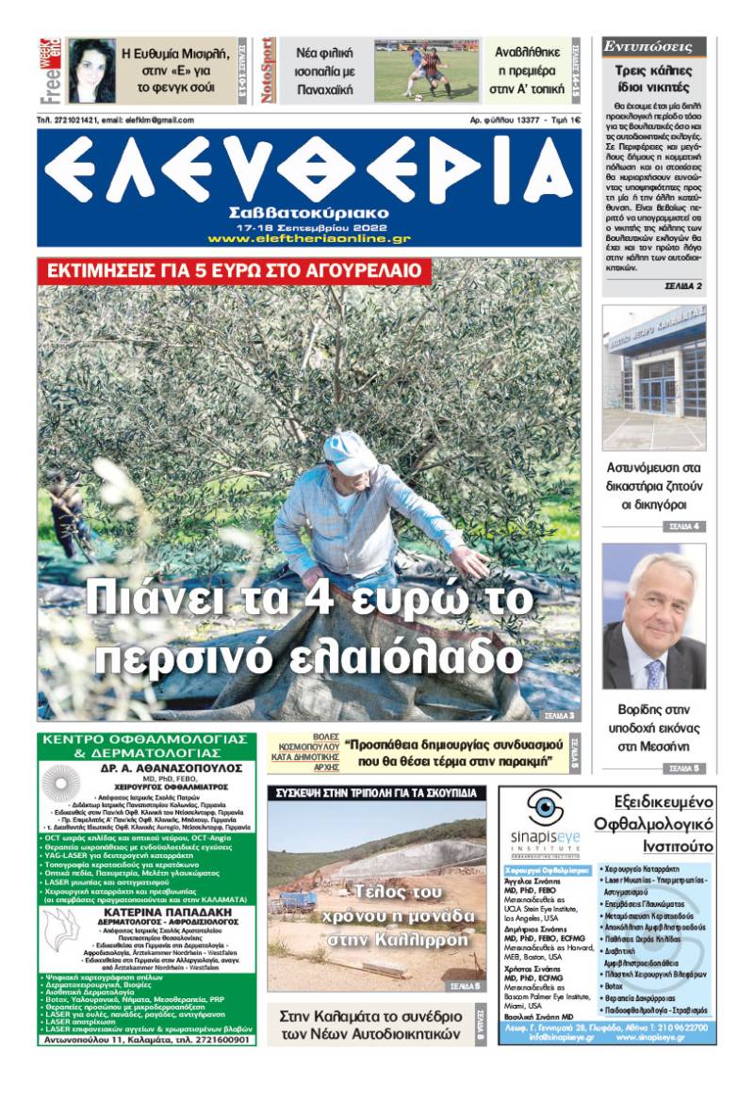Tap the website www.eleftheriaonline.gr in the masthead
309,239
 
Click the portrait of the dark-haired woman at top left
91,71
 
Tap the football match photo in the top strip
427,70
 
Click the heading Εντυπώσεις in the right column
653,46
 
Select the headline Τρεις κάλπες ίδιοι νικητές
653,79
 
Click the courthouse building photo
653,377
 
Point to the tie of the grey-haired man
654,672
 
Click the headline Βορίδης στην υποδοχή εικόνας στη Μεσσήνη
653,726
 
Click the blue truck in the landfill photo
298,901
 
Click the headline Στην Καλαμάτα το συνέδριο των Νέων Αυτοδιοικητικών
370,1026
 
